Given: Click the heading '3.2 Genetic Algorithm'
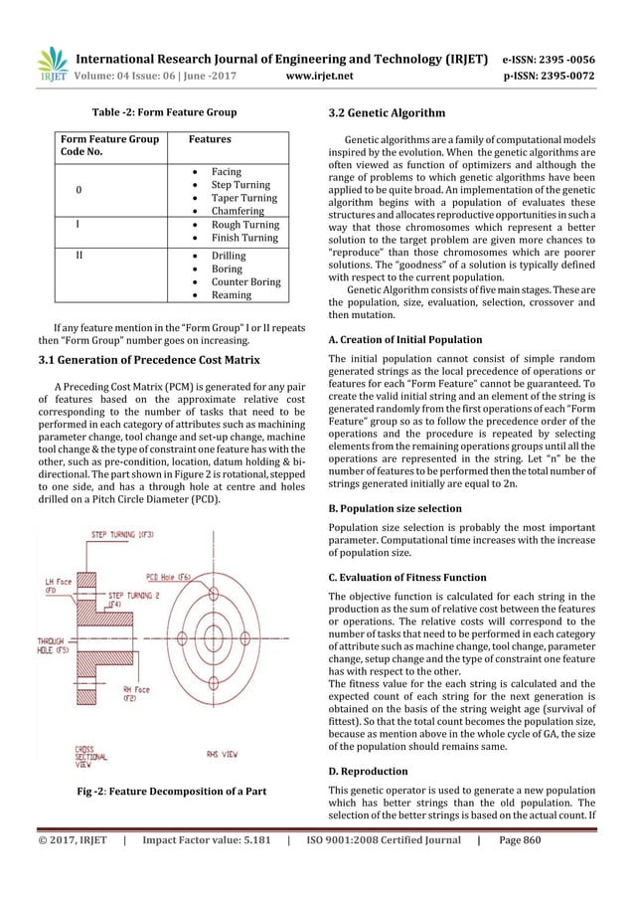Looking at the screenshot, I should point(389,113).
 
